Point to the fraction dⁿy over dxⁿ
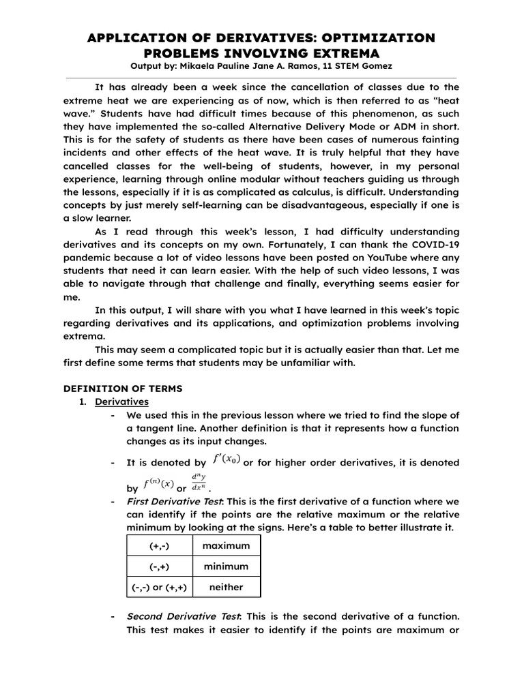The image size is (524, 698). (199, 485)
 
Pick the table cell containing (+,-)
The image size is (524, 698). (160, 547)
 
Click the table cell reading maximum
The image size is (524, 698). (226, 547)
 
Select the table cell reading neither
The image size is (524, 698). (226, 587)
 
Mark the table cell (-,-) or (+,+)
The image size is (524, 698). (160, 587)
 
